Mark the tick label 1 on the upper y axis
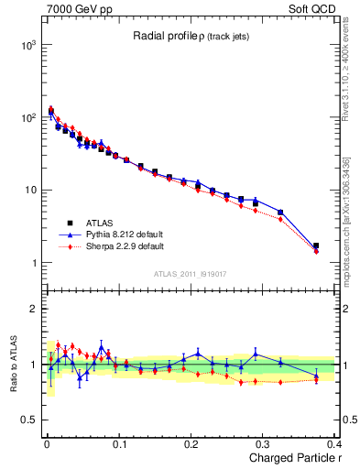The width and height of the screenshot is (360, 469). [32, 264]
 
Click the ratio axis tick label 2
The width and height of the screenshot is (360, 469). [32, 309]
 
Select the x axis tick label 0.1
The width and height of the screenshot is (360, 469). [118, 444]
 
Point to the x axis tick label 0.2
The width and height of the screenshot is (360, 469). [191, 444]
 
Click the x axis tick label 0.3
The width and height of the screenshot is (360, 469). [265, 444]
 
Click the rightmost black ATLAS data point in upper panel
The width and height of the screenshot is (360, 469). [316, 245]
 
